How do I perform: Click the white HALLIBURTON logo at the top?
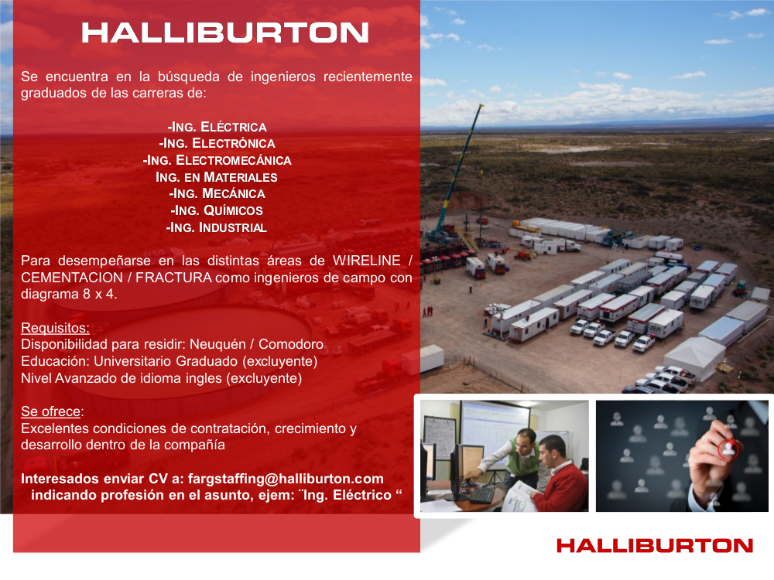coord(225,32)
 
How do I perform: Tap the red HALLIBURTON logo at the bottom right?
coord(655,545)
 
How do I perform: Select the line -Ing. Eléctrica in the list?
coord(217,127)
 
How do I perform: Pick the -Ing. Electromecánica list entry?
coord(217,160)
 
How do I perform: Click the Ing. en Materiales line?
coord(217,177)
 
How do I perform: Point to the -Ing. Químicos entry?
coord(217,210)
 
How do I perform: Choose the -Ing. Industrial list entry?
coord(217,227)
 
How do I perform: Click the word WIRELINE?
coord(367,261)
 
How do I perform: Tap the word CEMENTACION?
coord(72,278)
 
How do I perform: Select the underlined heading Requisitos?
coord(55,328)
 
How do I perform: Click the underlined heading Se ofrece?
coord(51,411)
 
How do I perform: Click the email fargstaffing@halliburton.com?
coord(286,479)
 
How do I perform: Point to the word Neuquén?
coord(217,344)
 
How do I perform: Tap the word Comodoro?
coord(291,344)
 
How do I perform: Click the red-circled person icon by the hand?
coord(728,449)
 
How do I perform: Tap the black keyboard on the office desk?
coord(481,495)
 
